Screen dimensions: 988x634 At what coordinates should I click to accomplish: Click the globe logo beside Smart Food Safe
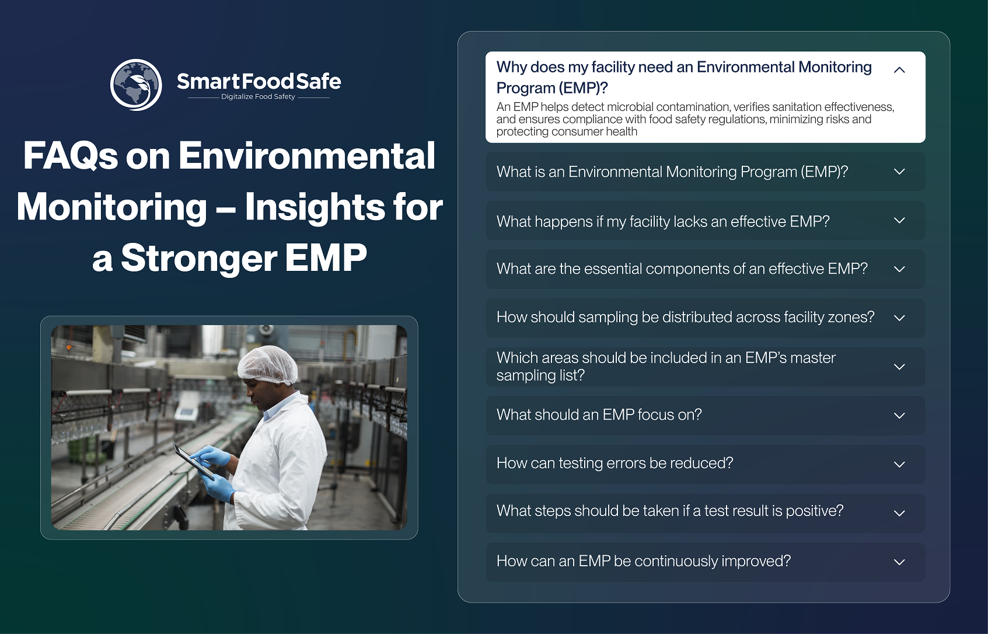coord(136,85)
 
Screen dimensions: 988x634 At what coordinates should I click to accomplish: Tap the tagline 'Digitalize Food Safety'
coord(258,97)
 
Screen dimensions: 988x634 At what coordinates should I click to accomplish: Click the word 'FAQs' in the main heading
coord(71,156)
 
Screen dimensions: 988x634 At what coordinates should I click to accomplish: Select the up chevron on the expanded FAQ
coord(899,69)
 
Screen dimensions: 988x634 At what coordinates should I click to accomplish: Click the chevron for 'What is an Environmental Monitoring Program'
coord(899,172)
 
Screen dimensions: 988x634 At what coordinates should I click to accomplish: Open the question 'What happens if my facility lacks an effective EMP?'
coord(663,221)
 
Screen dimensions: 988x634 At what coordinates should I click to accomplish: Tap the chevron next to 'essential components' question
coord(899,269)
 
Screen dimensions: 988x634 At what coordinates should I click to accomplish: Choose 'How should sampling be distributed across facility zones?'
coord(686,317)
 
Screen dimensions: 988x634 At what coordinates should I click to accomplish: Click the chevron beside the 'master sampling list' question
coord(899,367)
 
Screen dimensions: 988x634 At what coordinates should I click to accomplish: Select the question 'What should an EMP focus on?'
coord(599,414)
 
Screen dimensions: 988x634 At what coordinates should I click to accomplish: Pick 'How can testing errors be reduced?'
coord(615,464)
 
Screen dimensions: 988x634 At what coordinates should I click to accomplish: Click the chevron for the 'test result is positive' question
coord(899,513)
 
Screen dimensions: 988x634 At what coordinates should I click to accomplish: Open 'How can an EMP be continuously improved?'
coord(644,561)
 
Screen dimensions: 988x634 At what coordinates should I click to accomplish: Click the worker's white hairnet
coord(267,364)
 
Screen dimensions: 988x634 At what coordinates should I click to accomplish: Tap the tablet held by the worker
coord(194,461)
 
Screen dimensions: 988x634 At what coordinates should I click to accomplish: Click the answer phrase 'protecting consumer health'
coord(567,131)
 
